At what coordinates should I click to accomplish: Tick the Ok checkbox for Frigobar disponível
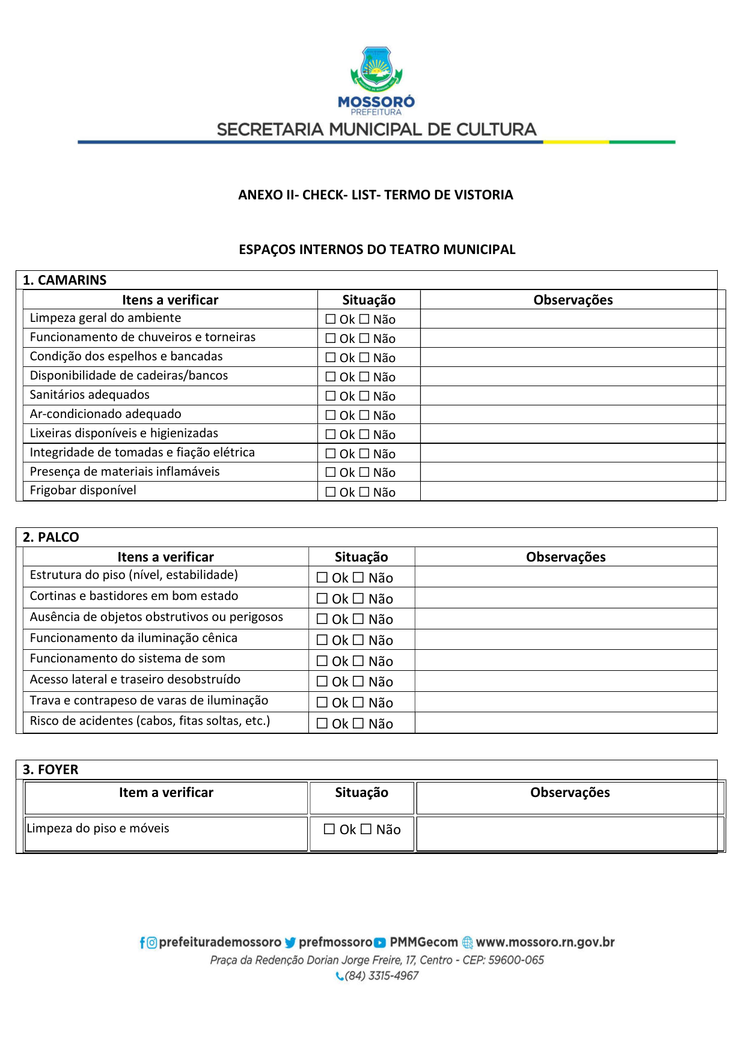coord(331,492)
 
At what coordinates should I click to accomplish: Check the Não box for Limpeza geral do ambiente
coord(364,319)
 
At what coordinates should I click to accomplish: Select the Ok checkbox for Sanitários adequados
coord(331,396)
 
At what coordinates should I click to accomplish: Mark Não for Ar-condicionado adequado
coord(364,415)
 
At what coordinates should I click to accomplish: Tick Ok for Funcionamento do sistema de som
coord(322,661)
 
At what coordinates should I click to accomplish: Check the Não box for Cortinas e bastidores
coord(358,598)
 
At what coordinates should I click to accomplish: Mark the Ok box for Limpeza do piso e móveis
coord(329,829)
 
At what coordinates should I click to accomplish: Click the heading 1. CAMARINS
coord(64,280)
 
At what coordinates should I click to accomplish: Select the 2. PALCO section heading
coord(50,537)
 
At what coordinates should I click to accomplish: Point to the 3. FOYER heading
coord(50,769)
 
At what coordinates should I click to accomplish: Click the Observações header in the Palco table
coord(566,557)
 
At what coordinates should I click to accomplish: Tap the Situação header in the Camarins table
coord(368,300)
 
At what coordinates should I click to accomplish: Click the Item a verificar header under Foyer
coord(166,792)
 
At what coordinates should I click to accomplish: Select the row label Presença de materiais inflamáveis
coord(124,471)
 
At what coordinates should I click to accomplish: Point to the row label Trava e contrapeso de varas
coord(149,700)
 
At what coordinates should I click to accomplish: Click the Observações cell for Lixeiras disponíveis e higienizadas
coord(569,434)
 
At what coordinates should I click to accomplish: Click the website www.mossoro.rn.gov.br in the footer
coord(545,942)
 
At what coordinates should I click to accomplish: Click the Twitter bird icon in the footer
coord(290,942)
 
